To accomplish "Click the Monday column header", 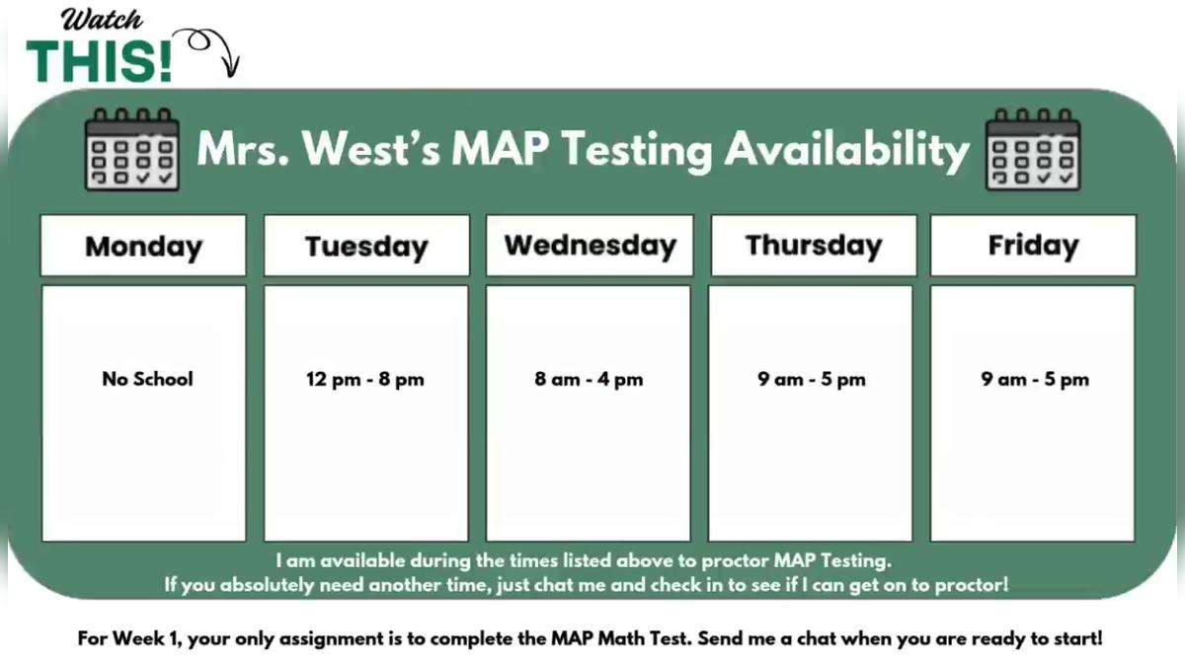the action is pyautogui.click(x=143, y=246).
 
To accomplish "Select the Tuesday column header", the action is pyautogui.click(x=366, y=246).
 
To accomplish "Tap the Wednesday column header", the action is pyautogui.click(x=590, y=246).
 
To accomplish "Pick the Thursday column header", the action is pyautogui.click(x=814, y=246).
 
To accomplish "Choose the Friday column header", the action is pyautogui.click(x=1033, y=246).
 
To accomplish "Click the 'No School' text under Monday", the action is pyautogui.click(x=147, y=379).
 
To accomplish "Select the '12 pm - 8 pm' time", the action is pyautogui.click(x=365, y=380).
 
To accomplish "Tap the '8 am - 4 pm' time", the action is pyautogui.click(x=589, y=380).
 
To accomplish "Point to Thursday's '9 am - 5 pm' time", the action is pyautogui.click(x=812, y=380).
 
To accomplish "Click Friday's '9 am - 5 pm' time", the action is pyautogui.click(x=1035, y=380).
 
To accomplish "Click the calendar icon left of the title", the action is pyautogui.click(x=132, y=149).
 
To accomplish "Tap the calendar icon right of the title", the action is pyautogui.click(x=1033, y=149).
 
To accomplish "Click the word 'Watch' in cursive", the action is pyautogui.click(x=102, y=20).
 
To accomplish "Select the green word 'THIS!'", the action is pyautogui.click(x=100, y=61).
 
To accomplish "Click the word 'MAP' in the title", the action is pyautogui.click(x=500, y=149).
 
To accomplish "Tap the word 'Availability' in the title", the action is pyautogui.click(x=846, y=150).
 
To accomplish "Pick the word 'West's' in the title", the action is pyautogui.click(x=371, y=149).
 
